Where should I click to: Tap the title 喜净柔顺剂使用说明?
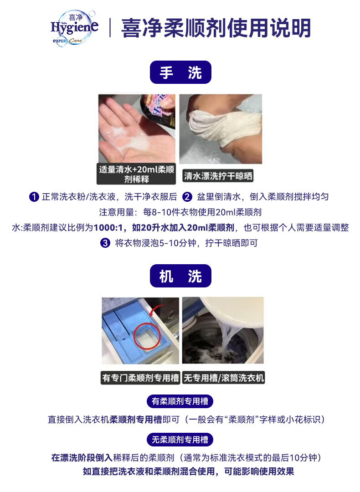pyautogui.click(x=216, y=28)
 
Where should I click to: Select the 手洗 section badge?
pyautogui.click(x=180, y=72)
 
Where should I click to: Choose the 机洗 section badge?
pyautogui.click(x=180, y=276)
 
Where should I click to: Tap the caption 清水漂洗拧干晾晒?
pyautogui.click(x=218, y=176)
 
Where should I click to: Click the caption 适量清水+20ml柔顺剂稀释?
pyautogui.click(x=136, y=174)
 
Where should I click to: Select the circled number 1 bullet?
pyautogui.click(x=34, y=197)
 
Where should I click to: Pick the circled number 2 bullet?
pyautogui.click(x=187, y=197)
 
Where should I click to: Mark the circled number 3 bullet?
pyautogui.click(x=105, y=243)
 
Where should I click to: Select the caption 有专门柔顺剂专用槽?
pyautogui.click(x=140, y=378)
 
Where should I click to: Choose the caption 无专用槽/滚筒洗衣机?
pyautogui.click(x=223, y=378)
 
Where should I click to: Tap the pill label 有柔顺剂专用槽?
pyautogui.click(x=180, y=401)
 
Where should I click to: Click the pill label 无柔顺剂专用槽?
pyautogui.click(x=180, y=440)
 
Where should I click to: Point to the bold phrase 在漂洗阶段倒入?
pyautogui.click(x=82, y=457)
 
